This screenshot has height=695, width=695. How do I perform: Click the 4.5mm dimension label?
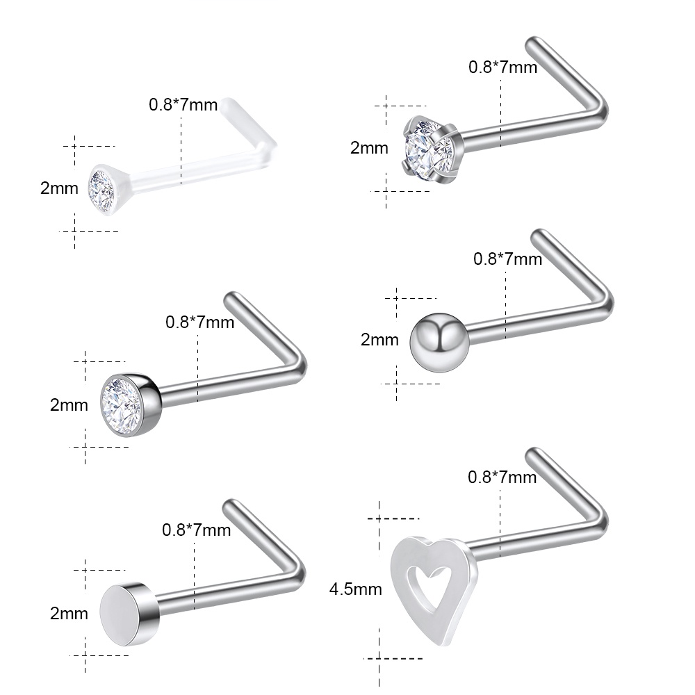[x=355, y=589]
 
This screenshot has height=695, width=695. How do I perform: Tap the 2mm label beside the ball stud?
[x=379, y=340]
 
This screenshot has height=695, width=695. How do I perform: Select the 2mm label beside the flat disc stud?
[x=69, y=614]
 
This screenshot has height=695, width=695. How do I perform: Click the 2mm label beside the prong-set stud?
[x=369, y=147]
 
